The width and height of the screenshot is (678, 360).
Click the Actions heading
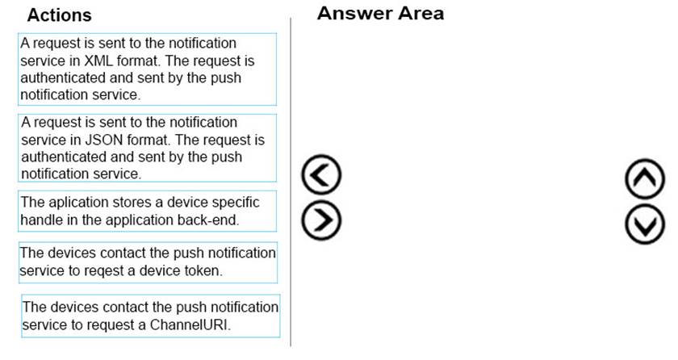pyautogui.click(x=59, y=15)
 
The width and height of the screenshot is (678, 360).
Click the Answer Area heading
pyautogui.click(x=380, y=14)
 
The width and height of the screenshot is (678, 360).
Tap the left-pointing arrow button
pyautogui.click(x=321, y=174)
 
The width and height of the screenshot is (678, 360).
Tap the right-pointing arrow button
pyautogui.click(x=321, y=220)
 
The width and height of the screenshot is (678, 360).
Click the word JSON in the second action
pyautogui.click(x=104, y=140)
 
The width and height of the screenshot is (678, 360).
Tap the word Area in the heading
pyautogui.click(x=421, y=14)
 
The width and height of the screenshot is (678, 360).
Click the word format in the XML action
pyautogui.click(x=138, y=61)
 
